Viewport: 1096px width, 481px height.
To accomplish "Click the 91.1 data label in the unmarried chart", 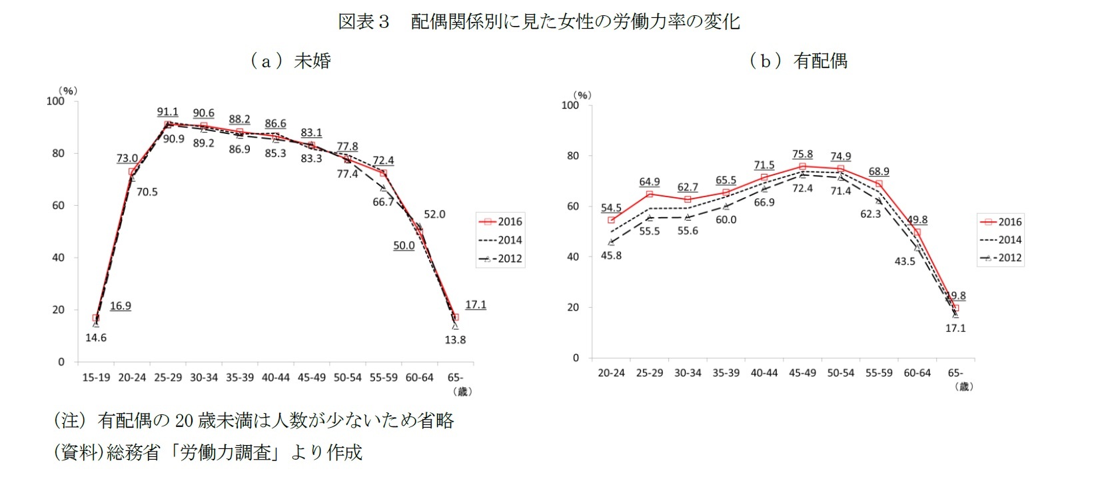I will (x=167, y=112).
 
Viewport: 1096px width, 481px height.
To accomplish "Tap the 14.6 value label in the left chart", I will (x=96, y=338).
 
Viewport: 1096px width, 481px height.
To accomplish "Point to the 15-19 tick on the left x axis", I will (x=96, y=378).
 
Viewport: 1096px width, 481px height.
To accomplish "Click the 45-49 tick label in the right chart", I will (x=802, y=373).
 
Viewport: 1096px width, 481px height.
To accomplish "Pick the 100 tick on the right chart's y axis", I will (x=570, y=105).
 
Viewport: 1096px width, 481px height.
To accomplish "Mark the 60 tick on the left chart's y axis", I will (x=59, y=205).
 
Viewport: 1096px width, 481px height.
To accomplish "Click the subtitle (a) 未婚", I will (x=290, y=61).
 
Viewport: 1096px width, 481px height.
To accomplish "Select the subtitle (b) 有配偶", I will (x=798, y=61).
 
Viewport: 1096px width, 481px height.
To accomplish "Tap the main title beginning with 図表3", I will (x=538, y=21).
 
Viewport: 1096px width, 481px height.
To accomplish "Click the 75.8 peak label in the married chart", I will (x=802, y=155).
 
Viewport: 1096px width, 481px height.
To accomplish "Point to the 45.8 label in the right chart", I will (x=611, y=255).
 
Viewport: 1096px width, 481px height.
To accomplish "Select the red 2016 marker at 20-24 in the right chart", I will (x=611, y=220).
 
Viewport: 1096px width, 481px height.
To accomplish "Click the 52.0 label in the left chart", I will (x=434, y=215).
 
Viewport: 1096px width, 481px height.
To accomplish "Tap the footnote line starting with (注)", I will (x=254, y=420).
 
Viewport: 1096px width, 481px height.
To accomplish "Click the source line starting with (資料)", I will (x=208, y=452).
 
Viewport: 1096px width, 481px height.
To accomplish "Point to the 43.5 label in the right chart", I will (x=905, y=262).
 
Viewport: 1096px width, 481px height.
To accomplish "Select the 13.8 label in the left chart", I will (x=455, y=340).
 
